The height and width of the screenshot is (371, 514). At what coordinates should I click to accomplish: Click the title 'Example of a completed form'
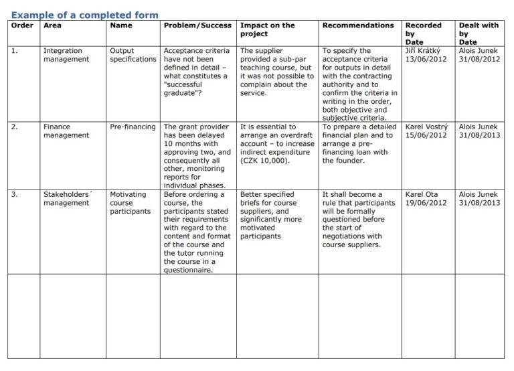tap(85, 15)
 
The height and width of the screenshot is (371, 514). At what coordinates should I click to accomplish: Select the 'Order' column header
tap(22, 25)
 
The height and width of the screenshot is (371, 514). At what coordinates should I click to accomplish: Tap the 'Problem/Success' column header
tap(197, 25)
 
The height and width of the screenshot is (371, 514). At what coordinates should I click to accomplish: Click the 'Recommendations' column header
tap(358, 25)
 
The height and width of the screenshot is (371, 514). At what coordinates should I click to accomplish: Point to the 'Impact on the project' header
tap(267, 29)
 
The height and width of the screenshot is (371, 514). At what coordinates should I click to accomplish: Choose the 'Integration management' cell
tap(66, 55)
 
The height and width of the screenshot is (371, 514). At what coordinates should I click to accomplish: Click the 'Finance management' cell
tap(66, 131)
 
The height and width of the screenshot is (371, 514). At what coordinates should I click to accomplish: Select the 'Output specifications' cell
tap(133, 55)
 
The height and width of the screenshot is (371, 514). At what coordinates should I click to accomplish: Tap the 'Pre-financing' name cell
tap(133, 127)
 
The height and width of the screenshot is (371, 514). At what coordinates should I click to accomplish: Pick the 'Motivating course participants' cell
tap(130, 203)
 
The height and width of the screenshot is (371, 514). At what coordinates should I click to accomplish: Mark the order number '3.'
tap(15, 194)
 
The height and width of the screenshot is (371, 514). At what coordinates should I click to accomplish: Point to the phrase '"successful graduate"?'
tap(190, 89)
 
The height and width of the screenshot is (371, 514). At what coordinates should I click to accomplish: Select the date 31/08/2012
tap(479, 59)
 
